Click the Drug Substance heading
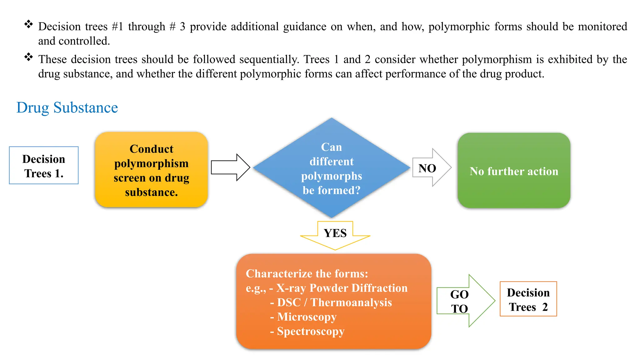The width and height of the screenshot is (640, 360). coord(67,108)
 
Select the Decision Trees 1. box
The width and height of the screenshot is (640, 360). coord(44,166)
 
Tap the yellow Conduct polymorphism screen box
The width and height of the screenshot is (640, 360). coord(151,170)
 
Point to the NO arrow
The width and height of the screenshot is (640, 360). coord(431,168)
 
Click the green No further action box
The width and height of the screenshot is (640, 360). coord(514,171)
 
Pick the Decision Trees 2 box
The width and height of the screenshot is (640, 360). coord(528,299)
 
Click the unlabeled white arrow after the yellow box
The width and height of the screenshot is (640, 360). coord(230,167)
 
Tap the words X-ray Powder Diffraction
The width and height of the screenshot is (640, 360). coord(342,288)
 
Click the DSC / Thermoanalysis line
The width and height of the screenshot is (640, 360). coord(334,302)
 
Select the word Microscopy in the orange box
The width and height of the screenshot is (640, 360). coord(307,317)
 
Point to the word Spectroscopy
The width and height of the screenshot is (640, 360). coord(311,331)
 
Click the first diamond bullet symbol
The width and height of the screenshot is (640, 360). coord(28,24)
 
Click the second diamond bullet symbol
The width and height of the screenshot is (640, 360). coord(28,57)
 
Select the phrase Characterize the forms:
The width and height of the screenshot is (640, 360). coord(307,274)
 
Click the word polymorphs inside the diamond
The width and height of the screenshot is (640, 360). coord(331,176)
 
